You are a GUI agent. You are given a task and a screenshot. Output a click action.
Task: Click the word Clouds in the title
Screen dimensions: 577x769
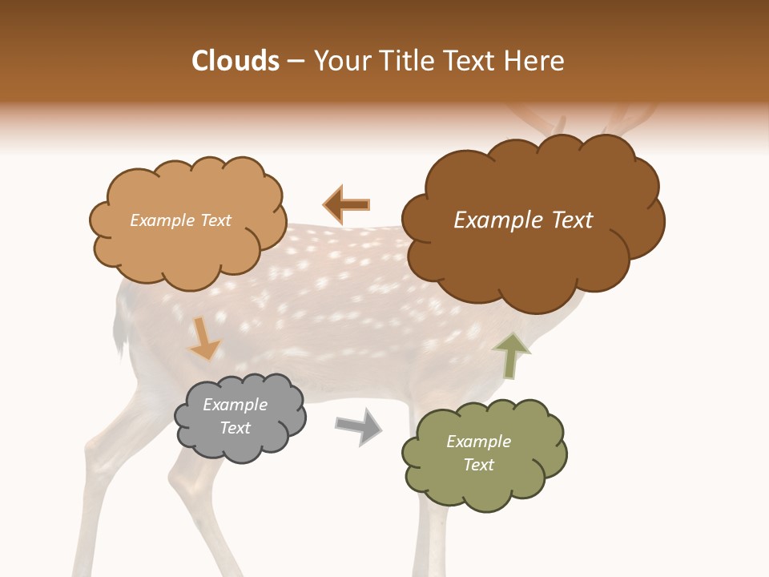pyautogui.click(x=236, y=61)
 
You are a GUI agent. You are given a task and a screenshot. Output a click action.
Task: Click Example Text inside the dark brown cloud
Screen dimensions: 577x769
pyautogui.click(x=523, y=220)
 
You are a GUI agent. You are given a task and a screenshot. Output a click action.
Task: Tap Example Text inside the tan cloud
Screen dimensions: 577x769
pyautogui.click(x=180, y=220)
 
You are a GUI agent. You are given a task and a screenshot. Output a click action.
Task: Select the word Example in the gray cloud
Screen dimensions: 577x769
pyautogui.click(x=235, y=405)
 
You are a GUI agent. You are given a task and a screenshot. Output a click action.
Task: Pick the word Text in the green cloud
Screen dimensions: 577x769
pyautogui.click(x=478, y=465)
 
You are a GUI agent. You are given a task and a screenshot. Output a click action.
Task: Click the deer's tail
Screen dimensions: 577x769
pyautogui.click(x=120, y=329)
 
